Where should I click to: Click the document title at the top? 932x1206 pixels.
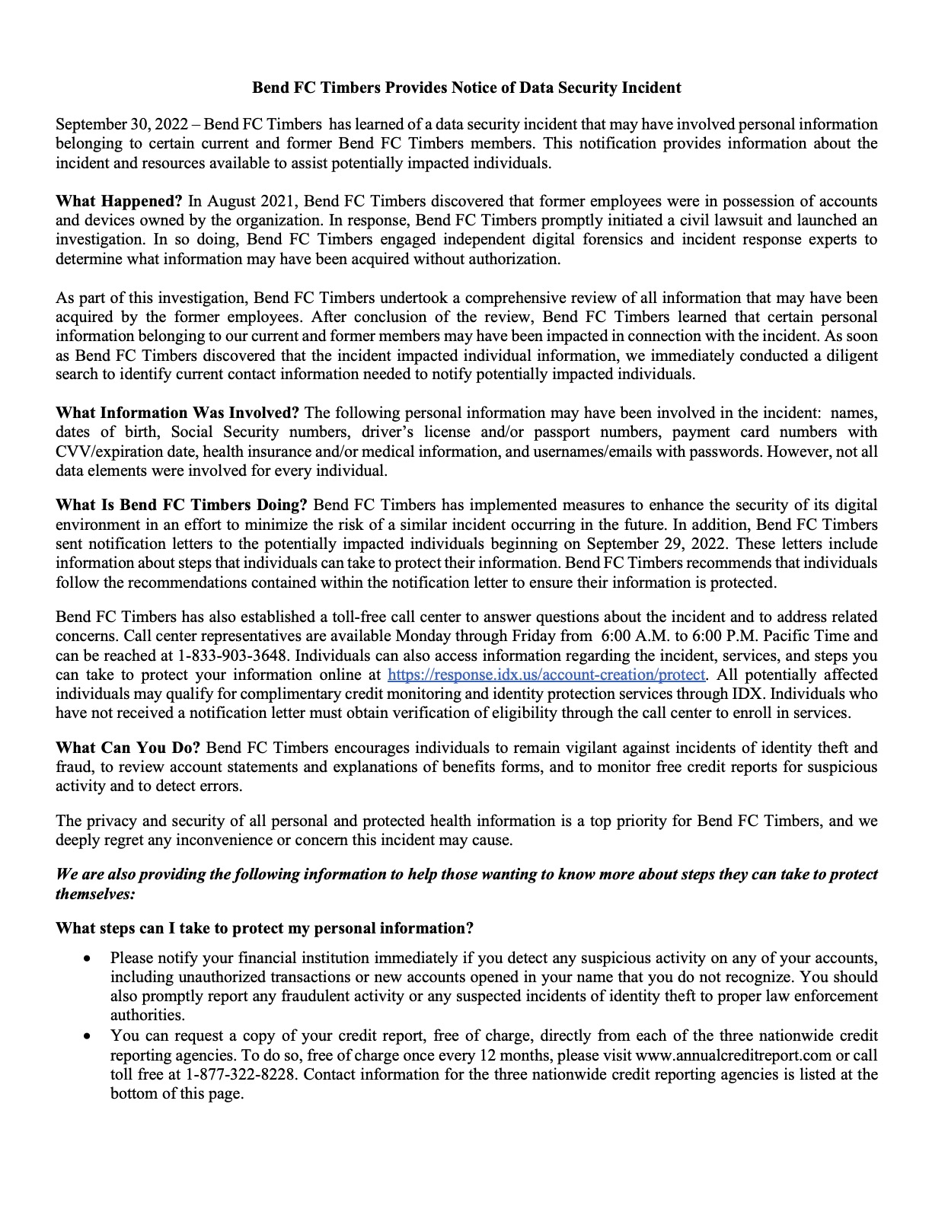click(466, 88)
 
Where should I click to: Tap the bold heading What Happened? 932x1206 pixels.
click(119, 202)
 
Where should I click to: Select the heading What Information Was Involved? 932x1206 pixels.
click(177, 413)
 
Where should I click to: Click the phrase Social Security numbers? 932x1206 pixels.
click(260, 432)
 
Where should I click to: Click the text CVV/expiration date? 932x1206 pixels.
click(125, 451)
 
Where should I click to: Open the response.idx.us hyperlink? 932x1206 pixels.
click(547, 675)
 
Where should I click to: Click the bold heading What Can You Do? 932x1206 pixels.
click(128, 748)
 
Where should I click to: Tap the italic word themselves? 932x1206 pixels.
click(95, 894)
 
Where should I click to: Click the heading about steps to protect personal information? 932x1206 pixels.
click(264, 929)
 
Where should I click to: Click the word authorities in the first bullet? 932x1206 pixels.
click(147, 1016)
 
